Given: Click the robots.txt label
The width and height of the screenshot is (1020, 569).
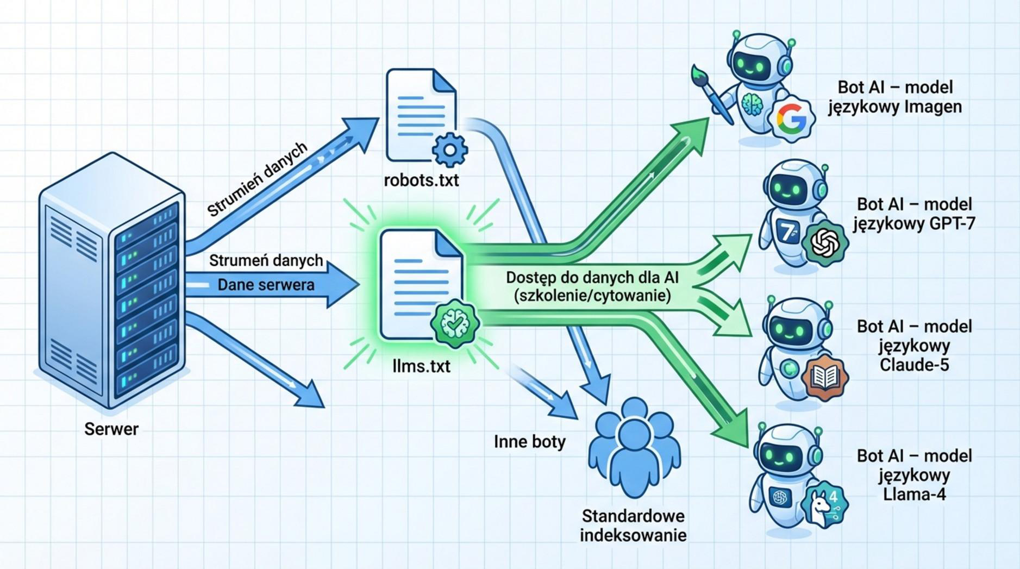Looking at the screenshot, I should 421,180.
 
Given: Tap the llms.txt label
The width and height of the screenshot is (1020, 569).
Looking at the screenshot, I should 421,366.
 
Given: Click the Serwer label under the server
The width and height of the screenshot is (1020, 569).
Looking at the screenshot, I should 111,429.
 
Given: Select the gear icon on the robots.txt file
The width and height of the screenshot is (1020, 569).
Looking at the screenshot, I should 450,148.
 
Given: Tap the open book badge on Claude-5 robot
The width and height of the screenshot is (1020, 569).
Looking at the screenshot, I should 825,377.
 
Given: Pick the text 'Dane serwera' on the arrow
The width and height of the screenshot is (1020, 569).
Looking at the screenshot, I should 266,285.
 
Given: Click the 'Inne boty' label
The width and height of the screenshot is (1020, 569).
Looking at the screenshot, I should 529,441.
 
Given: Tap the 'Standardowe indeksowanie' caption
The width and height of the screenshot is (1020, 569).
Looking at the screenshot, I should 633,525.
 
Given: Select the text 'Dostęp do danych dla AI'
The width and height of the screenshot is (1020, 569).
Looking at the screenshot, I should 592,278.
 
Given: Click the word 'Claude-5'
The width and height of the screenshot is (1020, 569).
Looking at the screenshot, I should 914,365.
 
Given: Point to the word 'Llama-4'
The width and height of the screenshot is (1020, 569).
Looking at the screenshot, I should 914,494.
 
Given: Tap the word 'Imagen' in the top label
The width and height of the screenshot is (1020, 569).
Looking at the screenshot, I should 933,107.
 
